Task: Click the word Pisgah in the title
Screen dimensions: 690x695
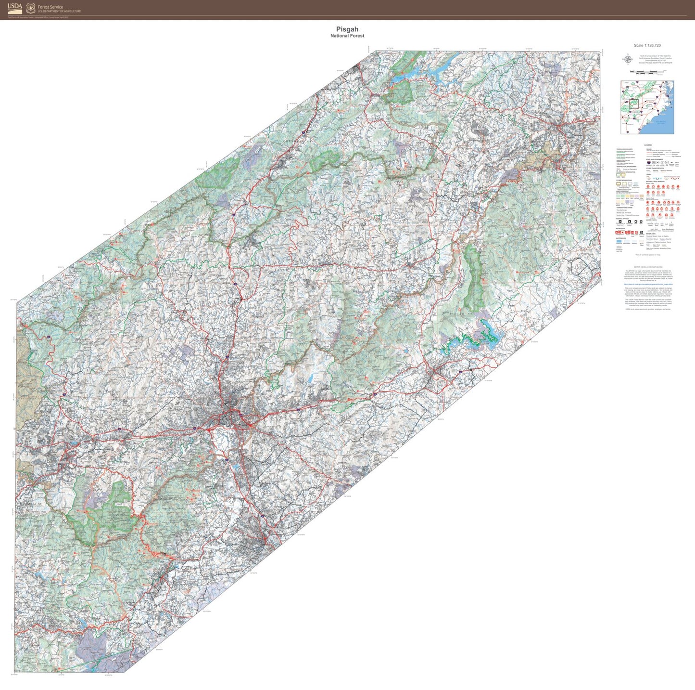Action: tap(347, 29)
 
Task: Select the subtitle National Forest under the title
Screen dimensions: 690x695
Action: tap(347, 36)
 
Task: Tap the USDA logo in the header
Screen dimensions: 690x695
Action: tap(15, 8)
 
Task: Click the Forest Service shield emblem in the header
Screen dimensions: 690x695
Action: tap(31, 8)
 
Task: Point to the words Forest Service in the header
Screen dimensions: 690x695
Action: tap(51, 7)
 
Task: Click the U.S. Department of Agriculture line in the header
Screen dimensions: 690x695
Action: tap(60, 11)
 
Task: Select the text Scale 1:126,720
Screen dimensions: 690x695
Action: tap(647, 45)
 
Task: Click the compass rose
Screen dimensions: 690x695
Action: tap(627, 60)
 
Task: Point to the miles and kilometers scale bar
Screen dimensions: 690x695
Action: tap(647, 72)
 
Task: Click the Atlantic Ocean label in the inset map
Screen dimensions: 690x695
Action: tap(662, 122)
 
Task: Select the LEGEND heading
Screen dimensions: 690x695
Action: tap(648, 145)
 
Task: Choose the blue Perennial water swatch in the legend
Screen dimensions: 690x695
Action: tap(619, 241)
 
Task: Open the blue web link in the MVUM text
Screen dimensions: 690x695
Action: tap(648, 285)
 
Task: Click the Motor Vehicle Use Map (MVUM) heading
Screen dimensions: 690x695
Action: tap(648, 266)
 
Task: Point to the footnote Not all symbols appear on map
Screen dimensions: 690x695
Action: tap(648, 255)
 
